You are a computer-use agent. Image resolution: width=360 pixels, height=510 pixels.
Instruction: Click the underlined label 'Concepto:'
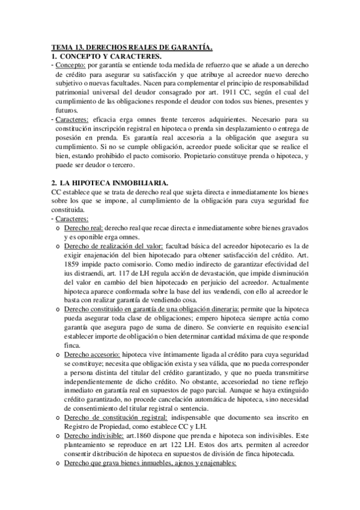70,64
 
